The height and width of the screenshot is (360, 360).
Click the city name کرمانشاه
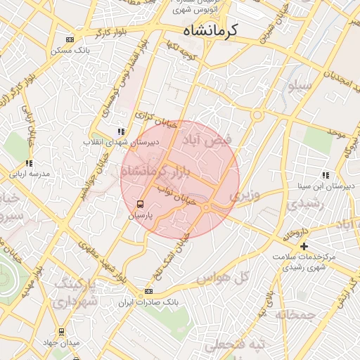[210, 30]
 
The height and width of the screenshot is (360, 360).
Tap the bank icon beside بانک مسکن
[70, 40]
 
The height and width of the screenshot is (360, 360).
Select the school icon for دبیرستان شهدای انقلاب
[121, 131]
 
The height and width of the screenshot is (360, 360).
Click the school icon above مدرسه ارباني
[29, 163]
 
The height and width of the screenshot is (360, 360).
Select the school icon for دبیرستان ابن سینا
[325, 175]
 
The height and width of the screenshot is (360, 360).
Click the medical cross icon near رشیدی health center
[304, 246]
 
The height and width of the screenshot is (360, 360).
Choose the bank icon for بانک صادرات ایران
[148, 291]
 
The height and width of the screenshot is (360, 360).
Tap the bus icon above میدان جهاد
[61, 331]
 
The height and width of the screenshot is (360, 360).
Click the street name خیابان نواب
[169, 195]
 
